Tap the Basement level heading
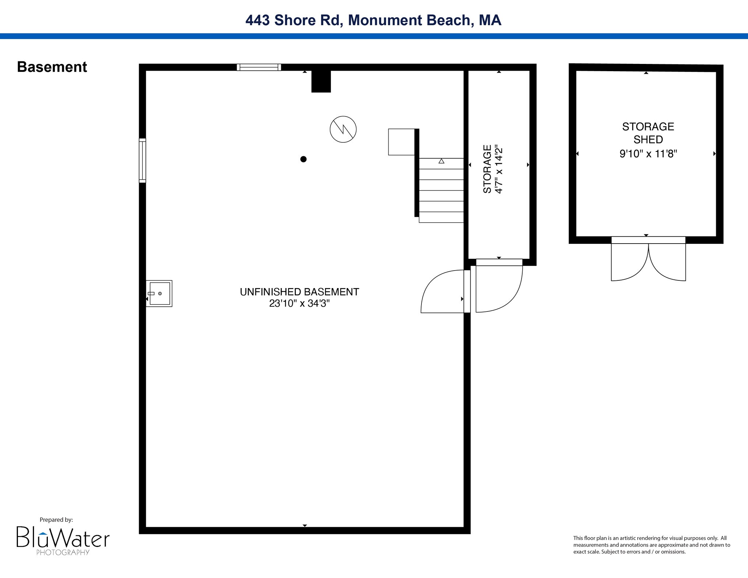click(52, 67)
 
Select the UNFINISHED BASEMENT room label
click(299, 292)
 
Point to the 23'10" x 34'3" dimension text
click(299, 303)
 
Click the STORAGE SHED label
click(648, 133)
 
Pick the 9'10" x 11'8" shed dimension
click(648, 154)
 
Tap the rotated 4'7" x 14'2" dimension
click(499, 169)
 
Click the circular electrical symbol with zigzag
click(343, 129)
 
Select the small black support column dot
click(303, 159)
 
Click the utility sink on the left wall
click(159, 294)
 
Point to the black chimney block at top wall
click(321, 81)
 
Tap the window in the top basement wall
click(259, 67)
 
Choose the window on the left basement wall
click(142, 160)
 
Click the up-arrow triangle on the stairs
click(441, 161)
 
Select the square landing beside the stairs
click(401, 142)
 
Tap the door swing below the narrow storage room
click(499, 286)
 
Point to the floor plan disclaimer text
click(652, 545)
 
